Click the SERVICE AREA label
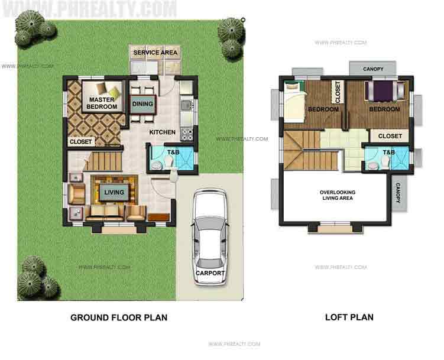click(155, 53)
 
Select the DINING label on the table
click(142, 105)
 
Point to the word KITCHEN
click(161, 132)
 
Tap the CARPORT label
click(210, 273)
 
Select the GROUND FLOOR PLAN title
click(119, 318)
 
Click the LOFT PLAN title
click(349, 318)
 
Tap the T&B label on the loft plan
click(388, 153)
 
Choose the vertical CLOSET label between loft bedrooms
click(338, 92)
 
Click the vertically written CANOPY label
click(398, 194)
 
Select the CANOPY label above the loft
click(371, 69)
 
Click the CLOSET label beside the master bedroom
click(80, 142)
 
